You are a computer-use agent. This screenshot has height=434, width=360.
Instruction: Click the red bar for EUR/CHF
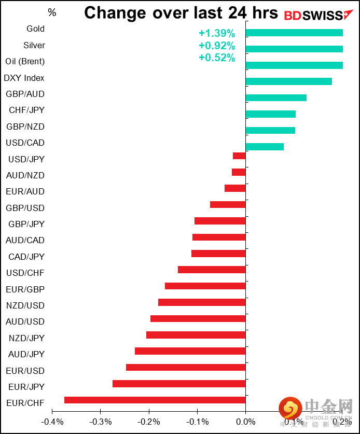tap(155, 400)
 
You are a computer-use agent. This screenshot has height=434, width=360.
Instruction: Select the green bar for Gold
tap(294, 33)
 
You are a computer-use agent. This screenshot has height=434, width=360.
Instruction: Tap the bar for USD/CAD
tap(265, 147)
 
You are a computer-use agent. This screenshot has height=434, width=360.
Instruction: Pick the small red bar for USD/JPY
tap(239, 156)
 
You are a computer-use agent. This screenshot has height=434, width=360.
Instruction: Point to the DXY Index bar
tap(288, 81)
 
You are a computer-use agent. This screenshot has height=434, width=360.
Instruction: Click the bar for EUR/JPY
tap(179, 384)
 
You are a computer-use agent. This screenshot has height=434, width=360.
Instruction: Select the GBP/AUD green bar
tap(276, 97)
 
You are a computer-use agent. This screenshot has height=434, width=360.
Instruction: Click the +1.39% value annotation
tap(217, 34)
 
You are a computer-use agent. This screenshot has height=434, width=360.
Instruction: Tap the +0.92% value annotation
tap(217, 46)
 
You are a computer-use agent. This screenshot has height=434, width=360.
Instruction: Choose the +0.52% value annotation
tap(217, 58)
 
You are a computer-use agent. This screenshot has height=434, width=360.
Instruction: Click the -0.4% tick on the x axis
tap(52, 421)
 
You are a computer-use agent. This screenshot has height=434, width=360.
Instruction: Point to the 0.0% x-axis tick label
tap(245, 421)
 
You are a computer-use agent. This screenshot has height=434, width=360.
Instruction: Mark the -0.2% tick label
tap(149, 421)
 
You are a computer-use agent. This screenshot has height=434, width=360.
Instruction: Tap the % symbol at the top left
tap(52, 12)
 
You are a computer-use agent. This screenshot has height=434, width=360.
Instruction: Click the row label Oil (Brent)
tap(25, 62)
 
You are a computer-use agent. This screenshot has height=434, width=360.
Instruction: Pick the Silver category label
tap(34, 46)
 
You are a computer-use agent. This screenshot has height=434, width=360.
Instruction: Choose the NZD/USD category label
tap(25, 305)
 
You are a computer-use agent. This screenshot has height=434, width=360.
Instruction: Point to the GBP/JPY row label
tap(26, 224)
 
